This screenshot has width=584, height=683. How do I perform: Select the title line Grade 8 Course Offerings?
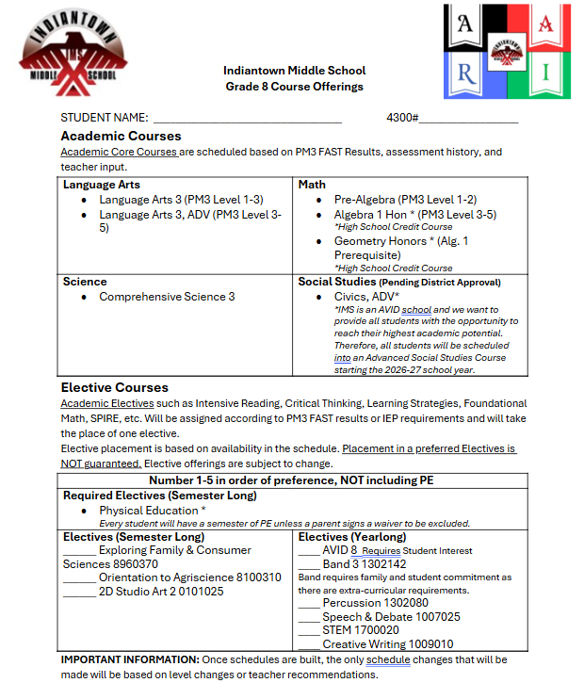pos(294,87)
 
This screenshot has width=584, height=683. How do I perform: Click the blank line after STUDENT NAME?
pos(247,119)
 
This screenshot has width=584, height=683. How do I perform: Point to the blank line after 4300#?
pos(468,119)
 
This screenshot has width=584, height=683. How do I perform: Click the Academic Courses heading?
pos(121,137)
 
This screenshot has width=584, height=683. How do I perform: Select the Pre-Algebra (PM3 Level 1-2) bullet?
pos(405,200)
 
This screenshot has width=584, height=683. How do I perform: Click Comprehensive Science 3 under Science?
pos(168,297)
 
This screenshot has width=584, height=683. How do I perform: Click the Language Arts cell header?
pos(102,185)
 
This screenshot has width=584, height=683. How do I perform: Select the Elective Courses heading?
pos(115,387)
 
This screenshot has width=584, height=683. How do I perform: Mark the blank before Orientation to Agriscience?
pos(79,578)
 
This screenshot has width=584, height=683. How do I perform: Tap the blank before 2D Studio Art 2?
pos(79,592)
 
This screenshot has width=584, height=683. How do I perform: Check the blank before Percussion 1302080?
pos(309,604)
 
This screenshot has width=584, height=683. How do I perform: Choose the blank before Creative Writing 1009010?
pos(309,644)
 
